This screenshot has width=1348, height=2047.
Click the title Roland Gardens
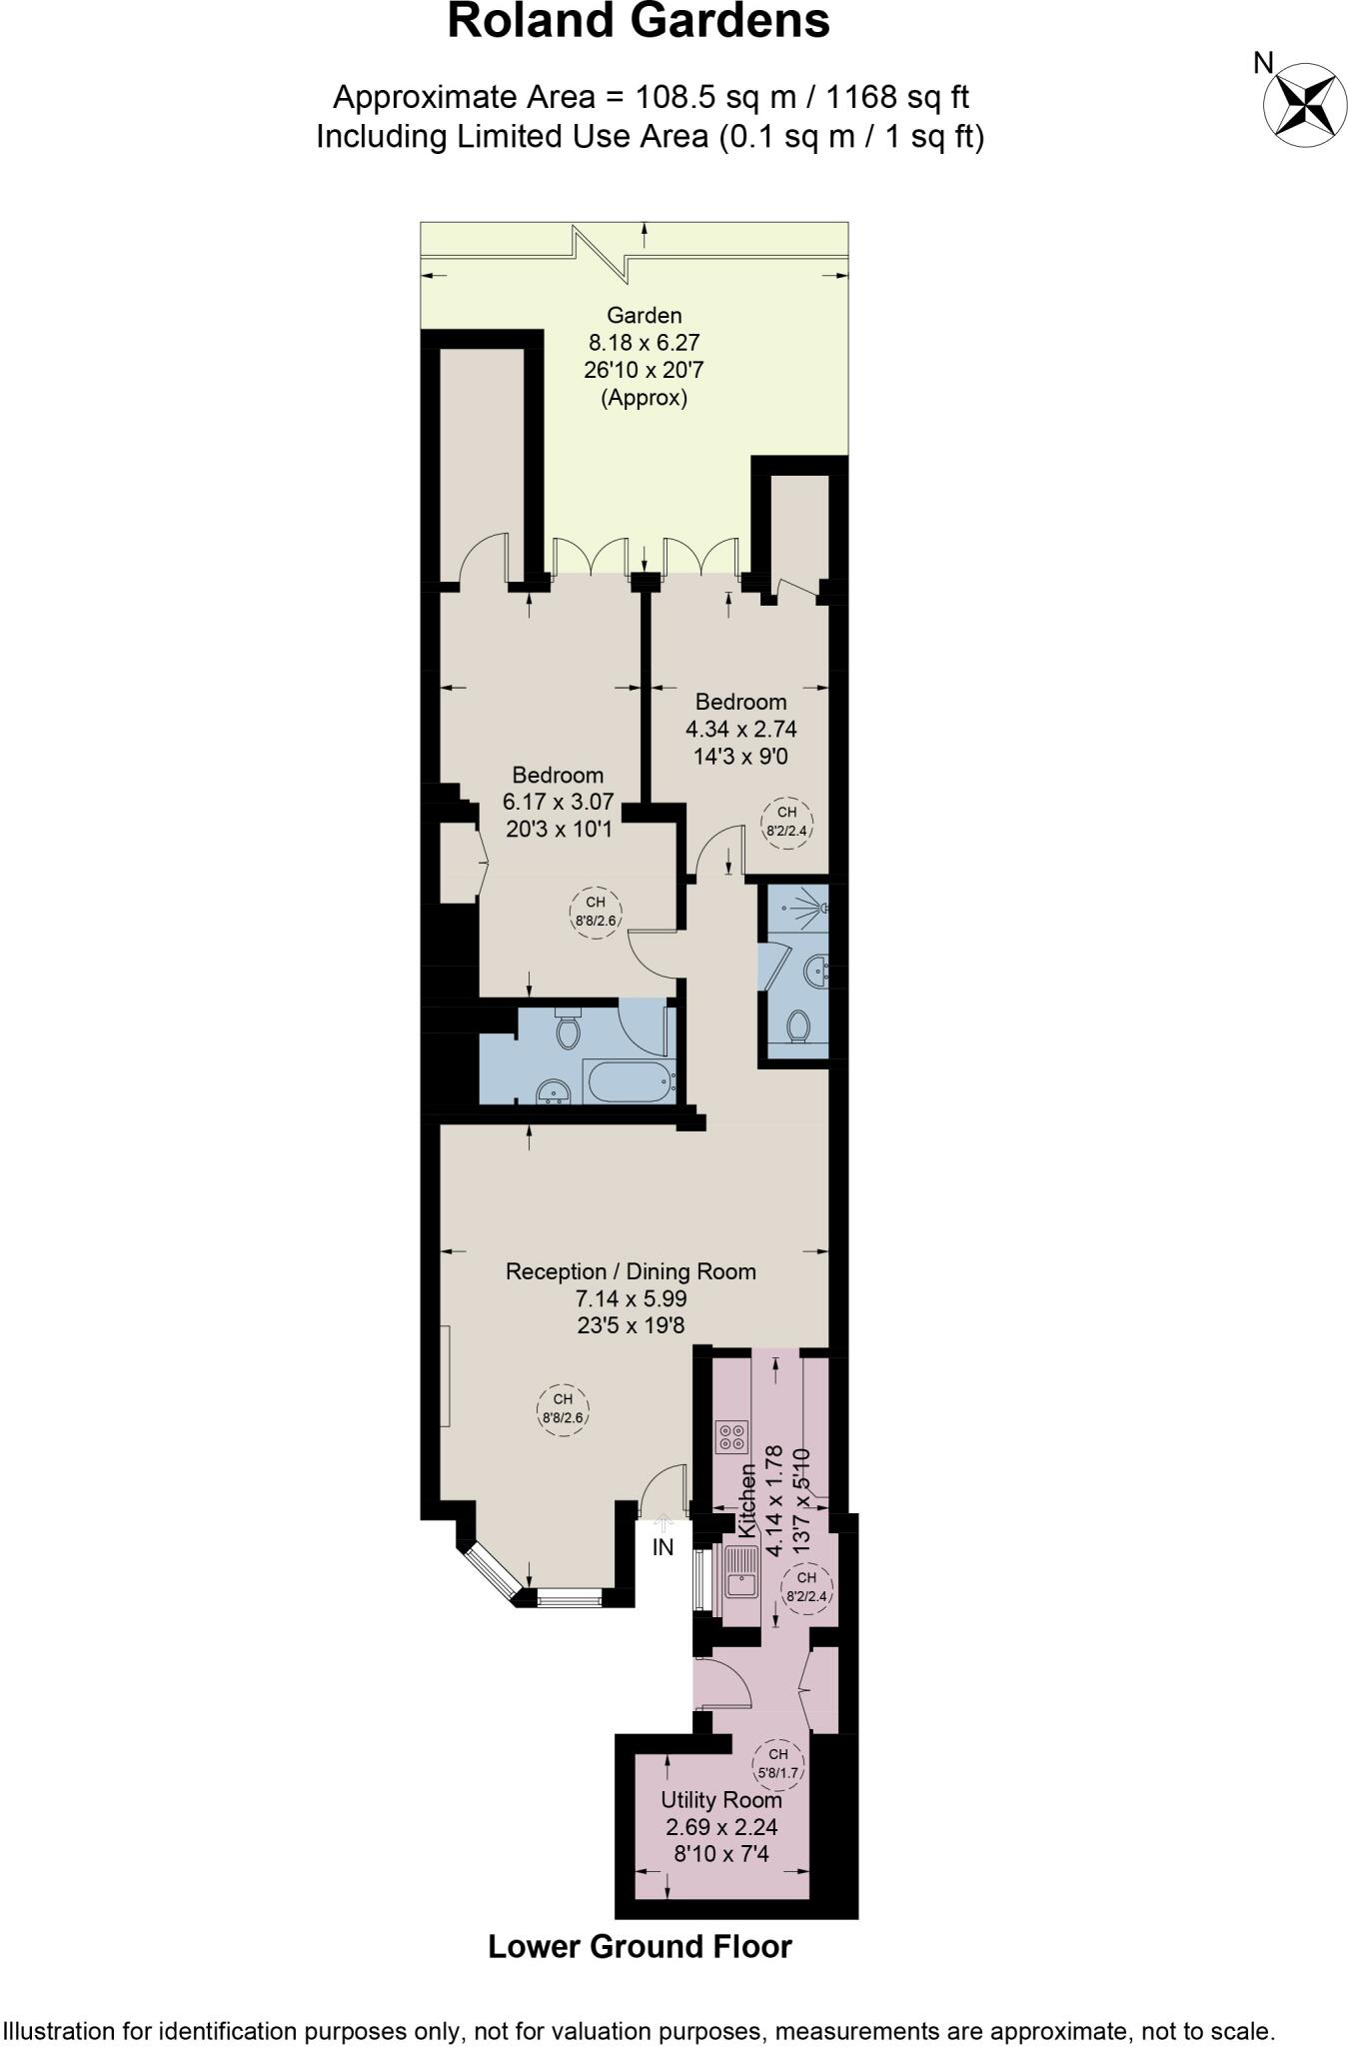pos(638,22)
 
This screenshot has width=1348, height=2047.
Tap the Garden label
pos(644,315)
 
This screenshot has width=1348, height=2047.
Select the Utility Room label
pos(720,1800)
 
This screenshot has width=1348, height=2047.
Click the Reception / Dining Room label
pos(631,1271)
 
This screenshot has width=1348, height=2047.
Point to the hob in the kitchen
pos(730,1437)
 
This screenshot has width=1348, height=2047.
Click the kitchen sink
pos(741,1573)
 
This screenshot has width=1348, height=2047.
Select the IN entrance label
pos(663,1547)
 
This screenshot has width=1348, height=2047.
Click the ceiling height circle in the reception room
pos(563,1408)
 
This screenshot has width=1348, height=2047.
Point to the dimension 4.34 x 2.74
pos(740,729)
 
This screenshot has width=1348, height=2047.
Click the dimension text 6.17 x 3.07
pos(558,802)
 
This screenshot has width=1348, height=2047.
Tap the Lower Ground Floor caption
pos(640,1947)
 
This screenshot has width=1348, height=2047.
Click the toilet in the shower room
pos(798,1026)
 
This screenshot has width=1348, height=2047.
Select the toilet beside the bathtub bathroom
pos(569,1029)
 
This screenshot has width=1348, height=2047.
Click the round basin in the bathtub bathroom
pos(553,1089)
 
